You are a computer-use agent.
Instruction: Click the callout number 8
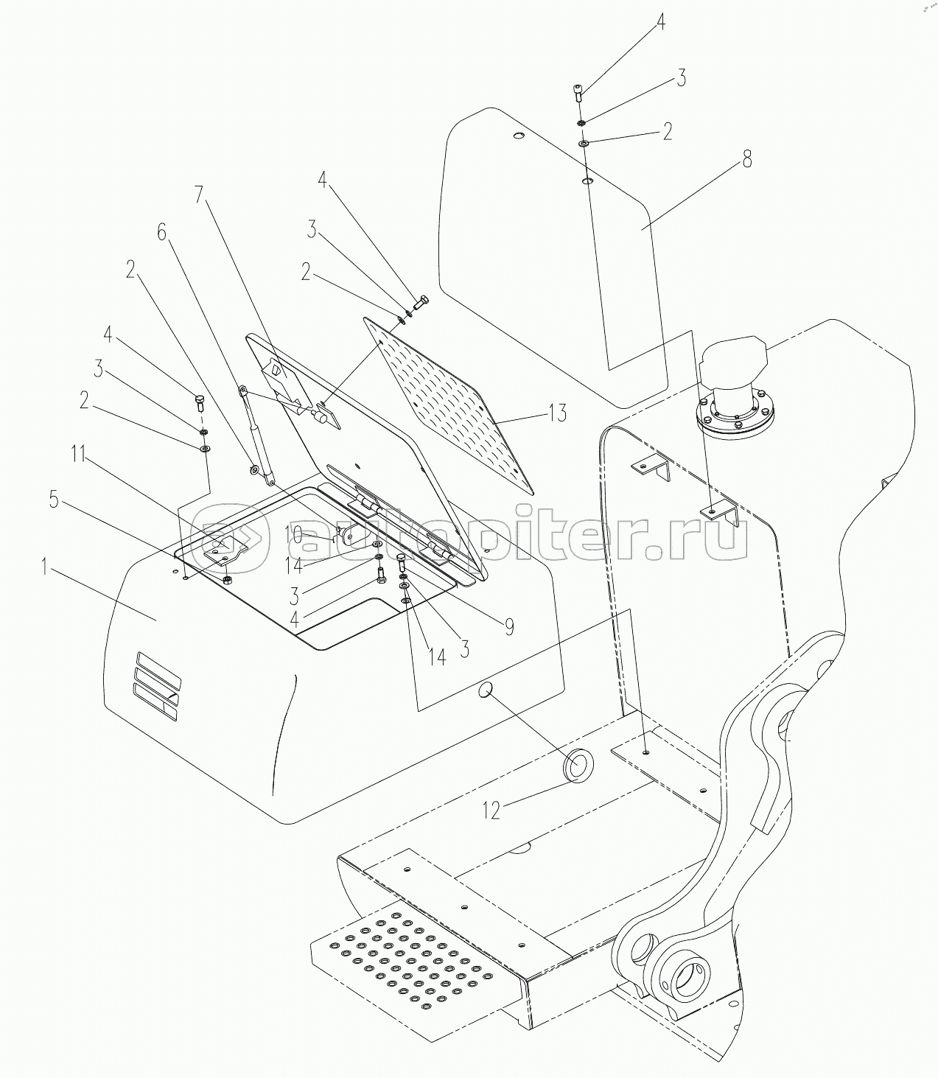(747, 158)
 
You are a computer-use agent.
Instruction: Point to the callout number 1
(45, 567)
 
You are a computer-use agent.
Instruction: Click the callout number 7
(198, 195)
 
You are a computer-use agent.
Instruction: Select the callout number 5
(53, 500)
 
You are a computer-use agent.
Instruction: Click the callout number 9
(508, 627)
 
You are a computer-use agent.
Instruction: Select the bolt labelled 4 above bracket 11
(200, 402)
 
